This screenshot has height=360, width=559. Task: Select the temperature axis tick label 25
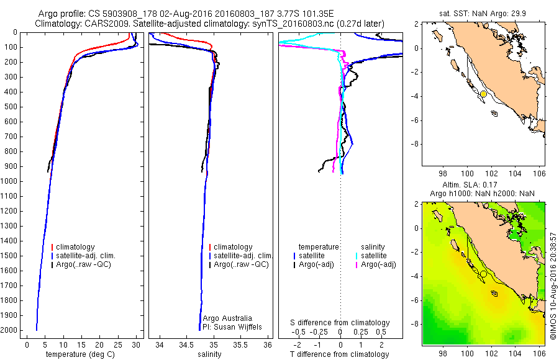pyautogui.click(x=117, y=344)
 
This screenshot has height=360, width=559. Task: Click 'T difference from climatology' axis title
pyautogui.click(x=341, y=354)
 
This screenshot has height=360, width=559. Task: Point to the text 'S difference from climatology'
pyautogui.click(x=340, y=323)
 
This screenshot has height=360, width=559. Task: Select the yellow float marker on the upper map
pyautogui.click(x=483, y=94)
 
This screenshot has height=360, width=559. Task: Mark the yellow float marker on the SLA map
pyautogui.click(x=483, y=274)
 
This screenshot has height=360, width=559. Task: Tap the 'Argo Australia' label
pyautogui.click(x=227, y=318)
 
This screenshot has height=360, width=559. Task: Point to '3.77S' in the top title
pyautogui.click(x=282, y=13)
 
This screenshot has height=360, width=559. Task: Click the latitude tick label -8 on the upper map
pyautogui.click(x=414, y=143)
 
